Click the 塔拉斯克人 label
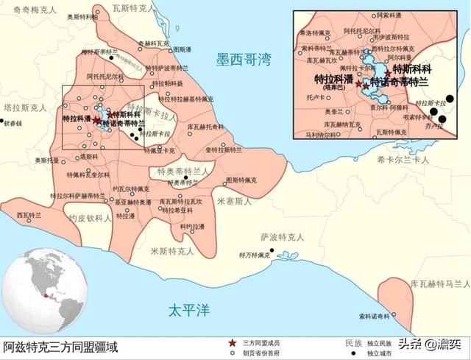20,107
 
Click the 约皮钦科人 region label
90,219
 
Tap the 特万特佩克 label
253,255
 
